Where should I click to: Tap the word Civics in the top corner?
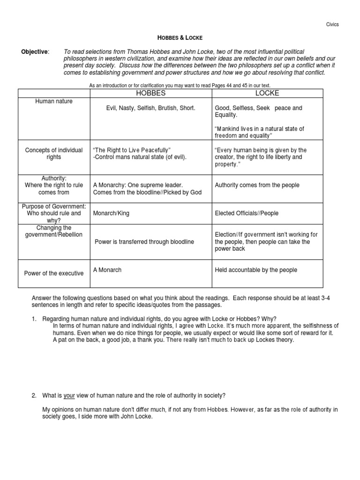click(331, 24)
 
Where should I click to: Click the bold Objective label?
click(34, 51)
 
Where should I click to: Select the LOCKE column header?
click(267, 93)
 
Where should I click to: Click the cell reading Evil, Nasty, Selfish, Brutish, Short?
click(150, 108)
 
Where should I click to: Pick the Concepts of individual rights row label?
click(54, 153)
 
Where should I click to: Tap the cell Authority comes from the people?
click(257, 185)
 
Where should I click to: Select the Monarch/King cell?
click(111, 213)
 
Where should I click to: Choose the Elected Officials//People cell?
click(247, 213)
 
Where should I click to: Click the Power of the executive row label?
click(54, 273)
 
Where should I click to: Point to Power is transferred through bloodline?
click(144, 242)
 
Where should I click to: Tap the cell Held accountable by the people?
click(256, 270)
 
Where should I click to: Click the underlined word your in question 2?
click(69, 396)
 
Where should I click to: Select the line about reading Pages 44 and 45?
click(180, 85)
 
